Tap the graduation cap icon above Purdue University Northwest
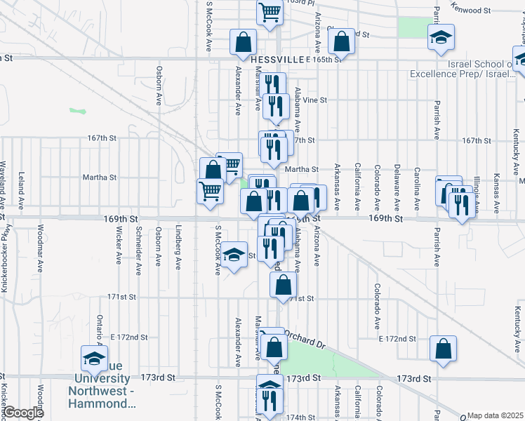[x=93, y=359]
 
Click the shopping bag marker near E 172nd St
[x=444, y=349]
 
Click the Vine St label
[x=314, y=100]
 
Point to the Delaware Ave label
[x=397, y=185]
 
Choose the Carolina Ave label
[x=417, y=185]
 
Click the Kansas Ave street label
[x=496, y=189]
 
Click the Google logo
[x=22, y=413]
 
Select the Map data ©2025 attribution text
[x=495, y=415]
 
